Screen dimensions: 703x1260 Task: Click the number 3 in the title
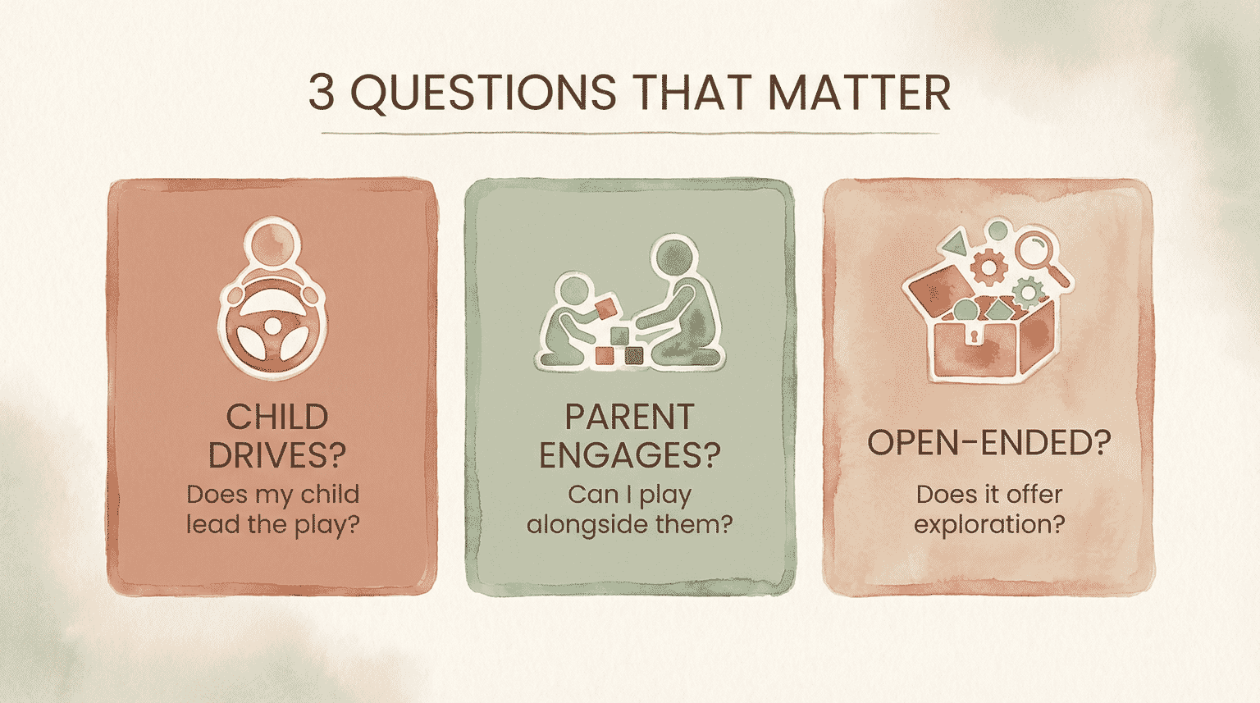click(322, 93)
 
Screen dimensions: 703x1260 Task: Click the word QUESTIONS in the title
click(483, 93)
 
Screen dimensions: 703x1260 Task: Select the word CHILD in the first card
click(276, 418)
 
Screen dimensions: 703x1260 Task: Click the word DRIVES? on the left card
click(276, 455)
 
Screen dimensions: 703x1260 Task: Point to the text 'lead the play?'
click(272, 524)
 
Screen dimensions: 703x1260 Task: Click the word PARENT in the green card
click(629, 418)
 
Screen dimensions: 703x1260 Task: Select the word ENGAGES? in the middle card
click(629, 455)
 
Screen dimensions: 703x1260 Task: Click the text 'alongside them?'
click(629, 524)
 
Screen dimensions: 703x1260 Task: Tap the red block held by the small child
click(605, 308)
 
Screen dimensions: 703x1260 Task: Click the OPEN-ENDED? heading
click(988, 443)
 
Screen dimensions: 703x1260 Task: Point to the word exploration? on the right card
click(988, 524)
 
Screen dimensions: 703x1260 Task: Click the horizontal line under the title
click(629, 133)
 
